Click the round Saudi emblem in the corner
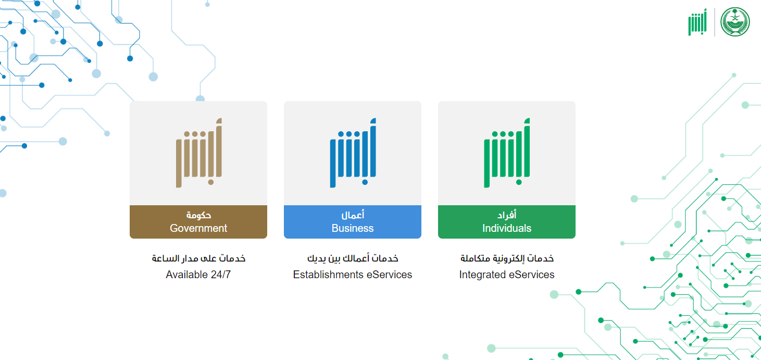tap(735, 22)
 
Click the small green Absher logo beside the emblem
tap(697, 22)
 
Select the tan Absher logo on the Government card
tap(199, 153)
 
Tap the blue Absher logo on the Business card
tap(353, 153)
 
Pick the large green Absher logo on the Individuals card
tap(507, 153)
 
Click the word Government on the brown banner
tap(198, 228)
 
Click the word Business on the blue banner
tap(353, 228)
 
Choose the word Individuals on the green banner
tap(507, 228)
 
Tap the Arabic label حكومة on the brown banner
tap(199, 215)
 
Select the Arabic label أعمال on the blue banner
tap(353, 215)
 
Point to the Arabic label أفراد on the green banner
tap(507, 215)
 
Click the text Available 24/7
tap(198, 275)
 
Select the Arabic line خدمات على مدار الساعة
tap(199, 258)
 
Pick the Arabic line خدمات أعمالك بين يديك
tap(353, 258)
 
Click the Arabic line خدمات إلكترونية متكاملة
tap(507, 258)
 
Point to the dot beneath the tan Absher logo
tap(210, 182)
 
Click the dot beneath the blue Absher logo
tap(365, 182)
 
